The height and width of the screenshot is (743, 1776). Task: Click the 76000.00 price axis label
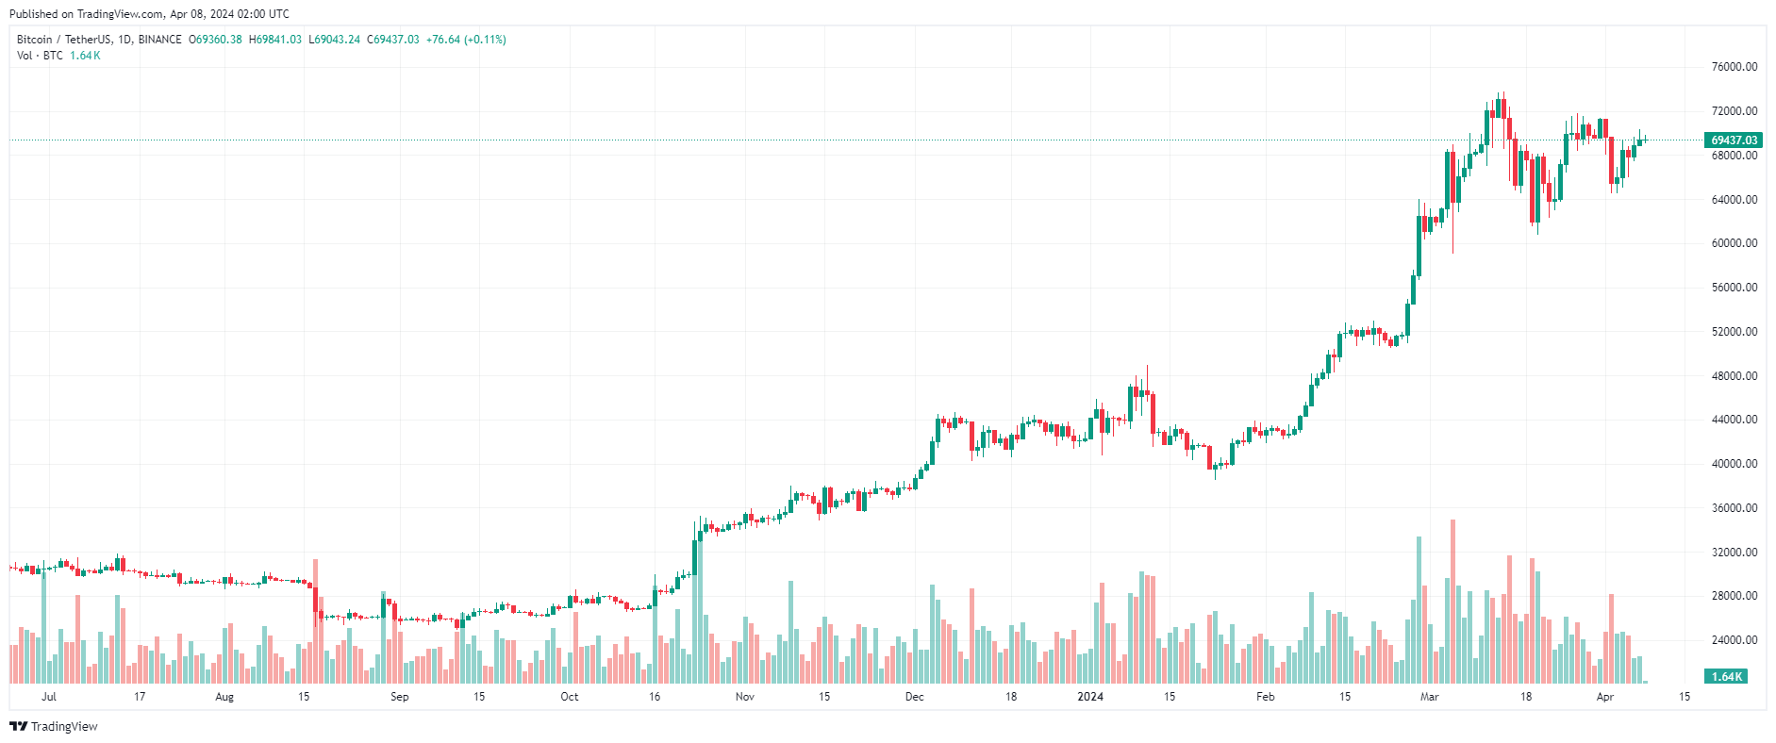(1734, 67)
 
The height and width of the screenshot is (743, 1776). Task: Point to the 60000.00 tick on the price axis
(1734, 243)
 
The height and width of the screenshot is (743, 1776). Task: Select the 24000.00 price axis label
(1734, 640)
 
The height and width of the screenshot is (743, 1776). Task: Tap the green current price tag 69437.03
(1734, 140)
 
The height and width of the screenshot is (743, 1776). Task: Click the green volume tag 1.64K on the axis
(1726, 677)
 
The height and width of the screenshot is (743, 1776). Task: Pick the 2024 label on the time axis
(1090, 697)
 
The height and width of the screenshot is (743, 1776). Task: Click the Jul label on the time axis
(49, 697)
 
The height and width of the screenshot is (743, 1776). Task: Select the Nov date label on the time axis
(745, 697)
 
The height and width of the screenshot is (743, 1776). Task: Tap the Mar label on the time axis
(1430, 697)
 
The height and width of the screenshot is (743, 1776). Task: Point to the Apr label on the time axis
(1605, 697)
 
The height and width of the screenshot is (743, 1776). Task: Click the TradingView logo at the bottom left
(54, 726)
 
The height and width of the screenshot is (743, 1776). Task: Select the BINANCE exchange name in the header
(159, 40)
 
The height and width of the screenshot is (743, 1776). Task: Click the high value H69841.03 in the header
(275, 40)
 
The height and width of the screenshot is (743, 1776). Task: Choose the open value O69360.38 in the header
(215, 40)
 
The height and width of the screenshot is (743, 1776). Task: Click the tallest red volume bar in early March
(1453, 603)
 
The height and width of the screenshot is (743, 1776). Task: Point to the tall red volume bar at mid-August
(316, 622)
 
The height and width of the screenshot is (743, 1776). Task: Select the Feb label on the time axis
(1266, 697)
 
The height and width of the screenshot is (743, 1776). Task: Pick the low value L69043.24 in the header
(335, 40)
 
